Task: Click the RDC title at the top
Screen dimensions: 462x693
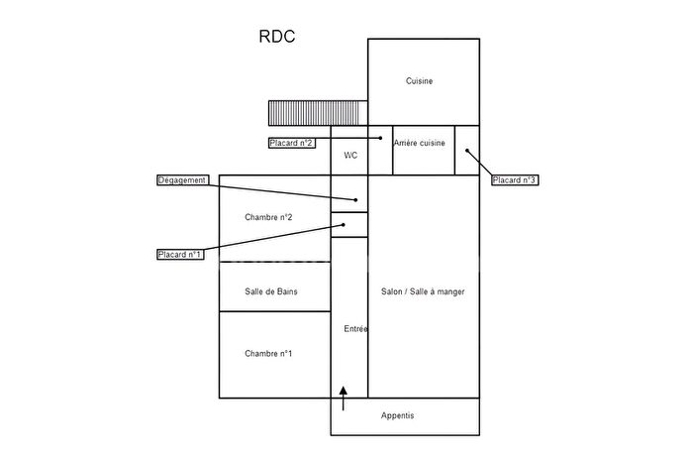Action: click(x=276, y=38)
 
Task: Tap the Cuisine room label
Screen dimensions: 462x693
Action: click(x=420, y=81)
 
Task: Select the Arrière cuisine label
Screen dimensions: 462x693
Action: click(x=419, y=144)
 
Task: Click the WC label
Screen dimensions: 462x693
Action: click(x=350, y=156)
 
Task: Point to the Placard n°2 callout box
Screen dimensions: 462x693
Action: click(x=292, y=143)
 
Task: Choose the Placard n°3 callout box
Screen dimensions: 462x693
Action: click(x=514, y=179)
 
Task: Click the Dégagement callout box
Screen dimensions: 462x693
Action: click(x=183, y=180)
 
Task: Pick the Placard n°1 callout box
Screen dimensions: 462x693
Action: click(x=180, y=255)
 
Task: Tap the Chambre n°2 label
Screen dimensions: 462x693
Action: click(x=268, y=216)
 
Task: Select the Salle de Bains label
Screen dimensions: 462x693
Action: click(x=271, y=291)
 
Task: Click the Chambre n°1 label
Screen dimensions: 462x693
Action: click(x=268, y=353)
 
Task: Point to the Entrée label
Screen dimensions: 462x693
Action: click(x=355, y=329)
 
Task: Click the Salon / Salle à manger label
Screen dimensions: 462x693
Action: click(x=423, y=291)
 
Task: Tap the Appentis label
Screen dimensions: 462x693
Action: click(x=398, y=415)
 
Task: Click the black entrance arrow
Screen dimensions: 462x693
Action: click(x=344, y=398)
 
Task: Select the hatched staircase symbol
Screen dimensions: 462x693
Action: click(x=318, y=113)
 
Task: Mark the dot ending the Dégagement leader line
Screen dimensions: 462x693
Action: click(x=355, y=200)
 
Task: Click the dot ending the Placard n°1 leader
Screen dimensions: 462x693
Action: click(x=344, y=225)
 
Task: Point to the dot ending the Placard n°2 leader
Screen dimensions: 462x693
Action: click(x=381, y=138)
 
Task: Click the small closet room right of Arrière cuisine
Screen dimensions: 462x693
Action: click(x=467, y=150)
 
